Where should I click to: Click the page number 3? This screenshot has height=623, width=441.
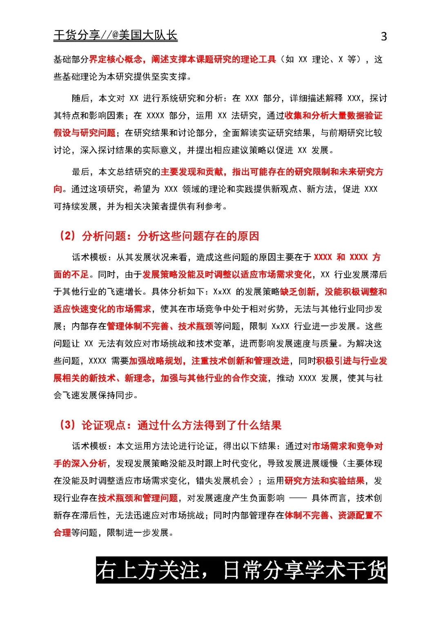383,37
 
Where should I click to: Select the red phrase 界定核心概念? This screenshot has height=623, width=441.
116,60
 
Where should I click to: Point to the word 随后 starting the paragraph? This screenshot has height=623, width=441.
80,98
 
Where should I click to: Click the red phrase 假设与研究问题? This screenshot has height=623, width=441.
85,133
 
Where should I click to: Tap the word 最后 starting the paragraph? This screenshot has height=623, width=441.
80,172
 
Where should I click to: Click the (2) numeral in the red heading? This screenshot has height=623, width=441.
67,236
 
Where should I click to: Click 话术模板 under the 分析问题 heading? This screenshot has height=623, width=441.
89,257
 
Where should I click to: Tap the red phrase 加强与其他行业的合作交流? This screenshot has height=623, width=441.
214,378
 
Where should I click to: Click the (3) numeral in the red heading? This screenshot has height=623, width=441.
67,425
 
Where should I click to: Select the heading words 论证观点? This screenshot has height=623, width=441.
104,425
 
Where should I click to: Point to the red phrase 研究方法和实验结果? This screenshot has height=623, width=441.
325,481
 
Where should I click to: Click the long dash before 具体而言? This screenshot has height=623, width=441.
298,498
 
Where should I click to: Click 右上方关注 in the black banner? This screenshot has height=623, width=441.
148,570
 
